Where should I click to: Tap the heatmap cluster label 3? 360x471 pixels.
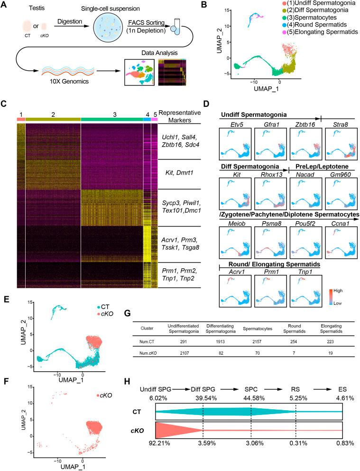pyautogui.click(x=112, y=114)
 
